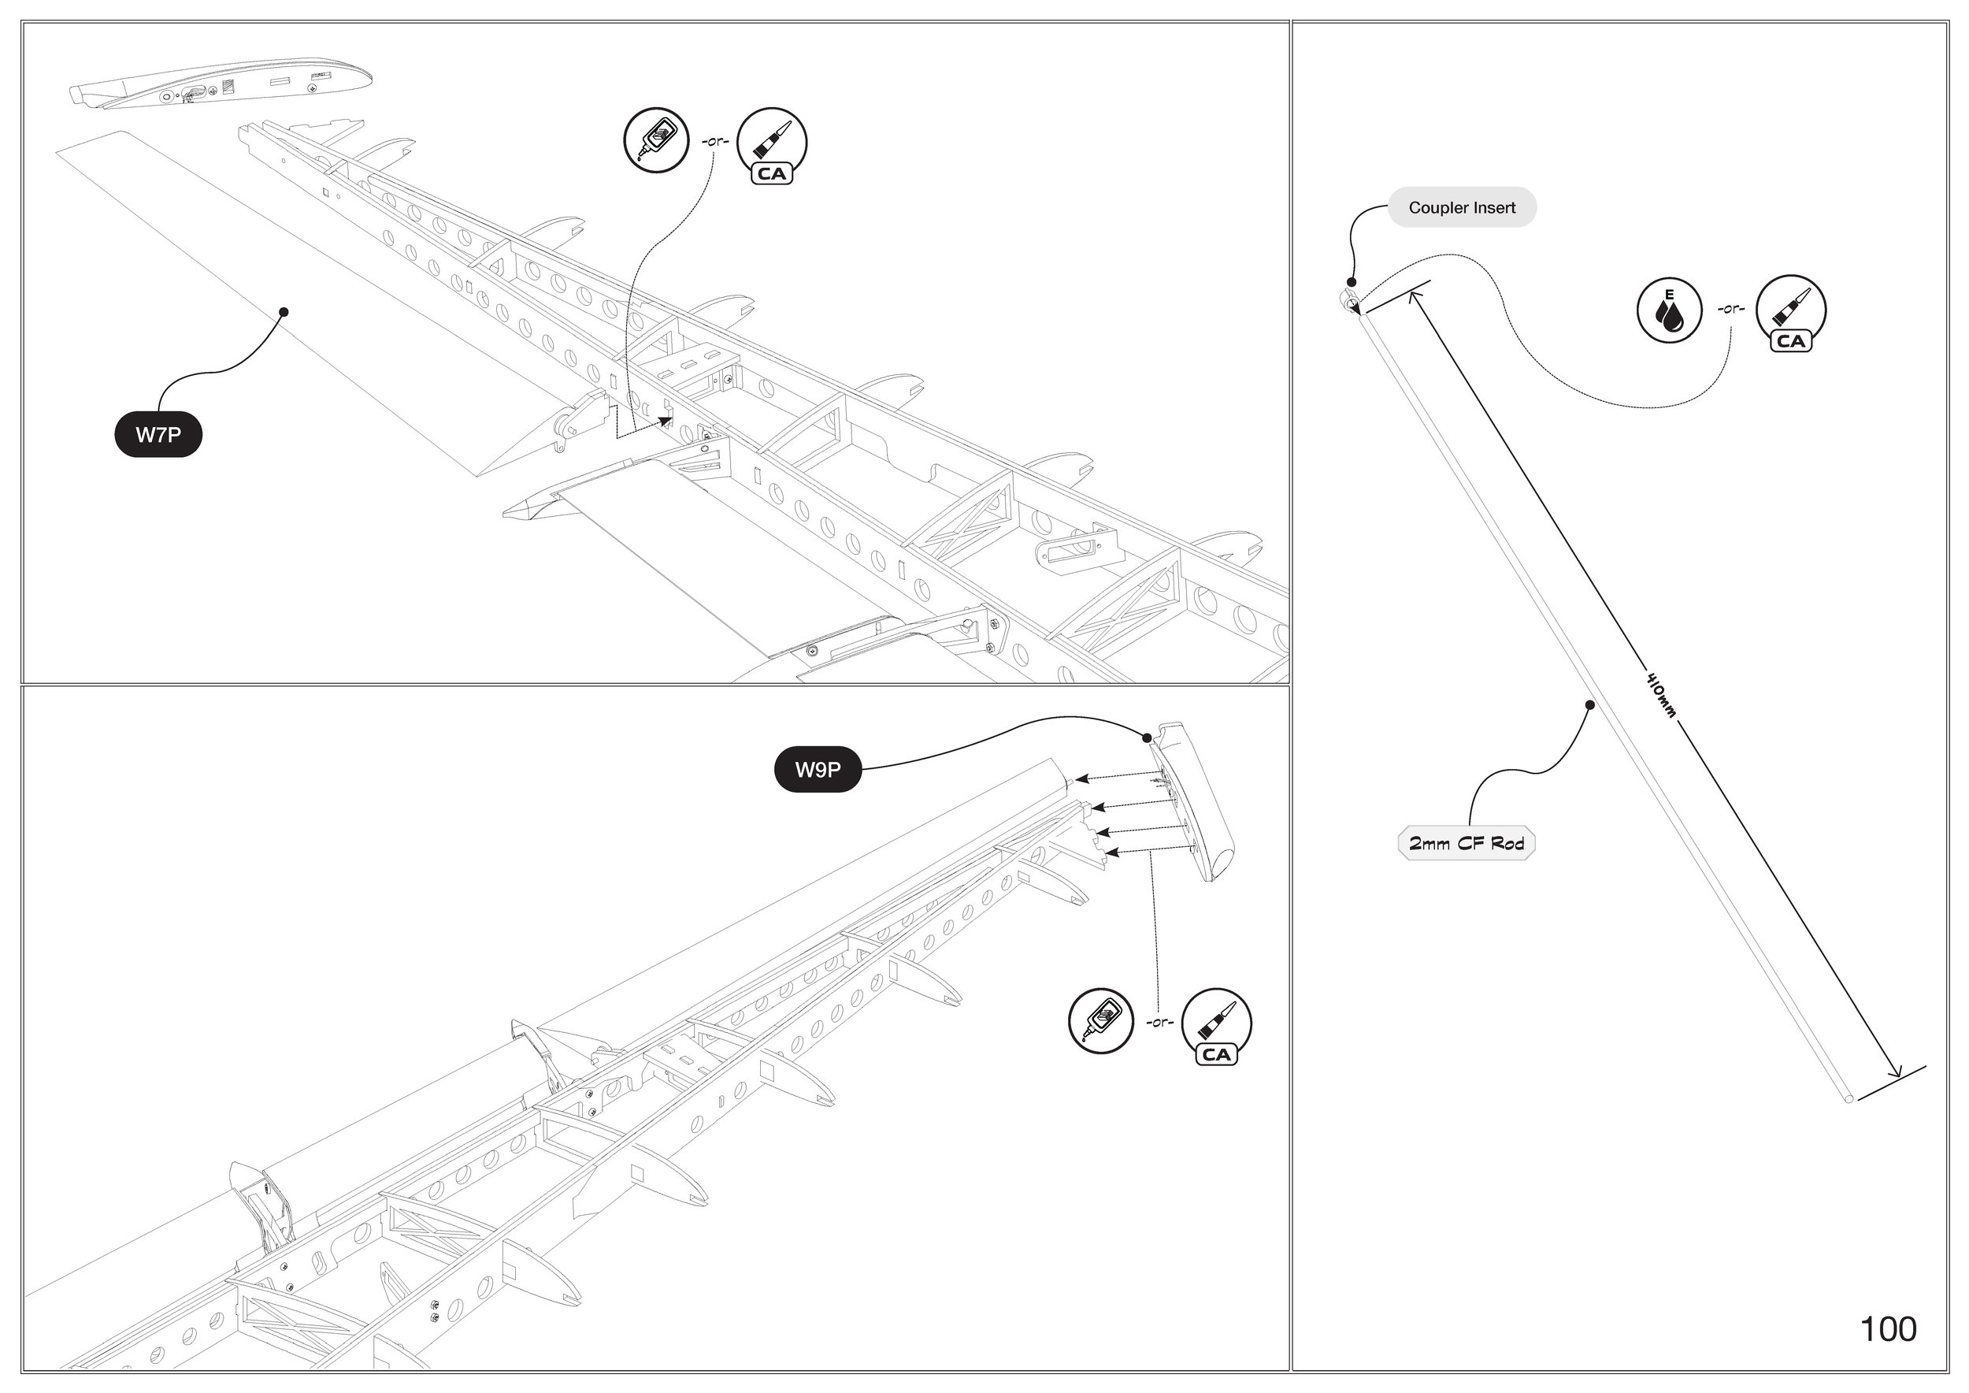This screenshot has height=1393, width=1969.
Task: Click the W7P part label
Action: point(158,435)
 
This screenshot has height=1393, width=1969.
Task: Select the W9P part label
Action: point(818,770)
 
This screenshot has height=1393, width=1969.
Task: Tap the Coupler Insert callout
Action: point(1461,207)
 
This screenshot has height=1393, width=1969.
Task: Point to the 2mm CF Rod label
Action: point(1467,844)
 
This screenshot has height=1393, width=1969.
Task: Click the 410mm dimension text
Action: point(1660,696)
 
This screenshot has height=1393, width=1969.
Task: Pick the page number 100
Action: point(1888,1329)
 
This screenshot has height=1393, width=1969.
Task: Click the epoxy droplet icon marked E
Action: point(1669,310)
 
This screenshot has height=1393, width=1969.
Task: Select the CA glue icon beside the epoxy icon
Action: point(1791,312)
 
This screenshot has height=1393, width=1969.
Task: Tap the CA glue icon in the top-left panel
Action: point(771,144)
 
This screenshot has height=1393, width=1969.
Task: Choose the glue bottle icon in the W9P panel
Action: point(1100,1021)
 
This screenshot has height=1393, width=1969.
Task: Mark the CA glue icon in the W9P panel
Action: point(1216,1025)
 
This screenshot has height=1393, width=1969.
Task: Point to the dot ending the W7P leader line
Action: point(284,312)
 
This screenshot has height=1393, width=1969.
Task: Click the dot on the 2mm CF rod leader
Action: point(1589,705)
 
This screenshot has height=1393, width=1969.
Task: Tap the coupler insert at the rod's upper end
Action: point(1349,300)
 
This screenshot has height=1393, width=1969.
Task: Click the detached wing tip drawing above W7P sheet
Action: point(220,84)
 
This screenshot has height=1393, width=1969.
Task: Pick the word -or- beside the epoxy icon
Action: point(1730,309)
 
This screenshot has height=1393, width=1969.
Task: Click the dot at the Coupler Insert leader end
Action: point(1352,281)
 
